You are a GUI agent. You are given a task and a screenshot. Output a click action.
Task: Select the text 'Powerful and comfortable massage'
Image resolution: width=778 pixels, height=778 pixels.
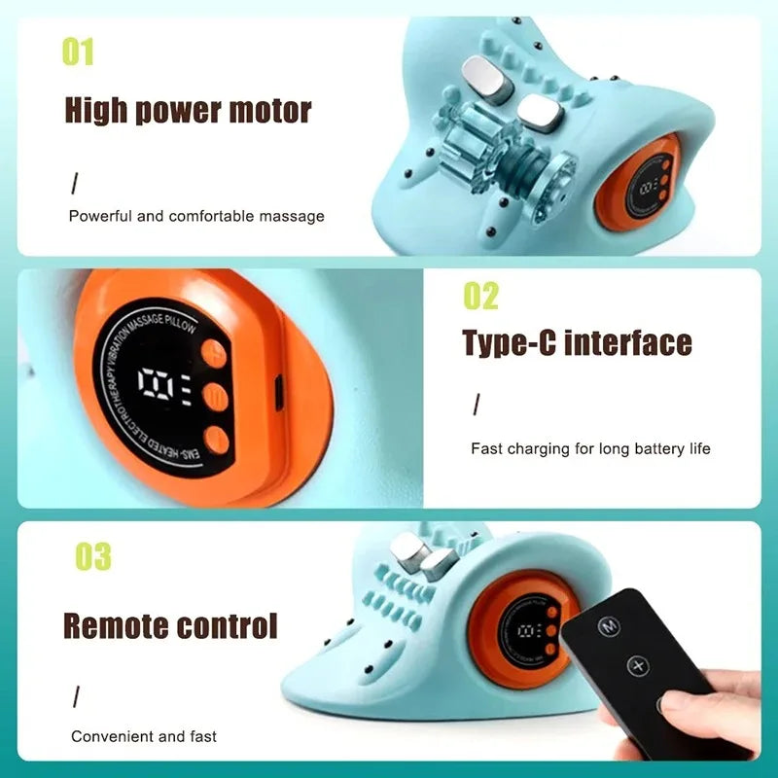[x=196, y=216]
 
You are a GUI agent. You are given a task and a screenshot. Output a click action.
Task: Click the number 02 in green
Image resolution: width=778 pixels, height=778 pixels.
[x=479, y=297]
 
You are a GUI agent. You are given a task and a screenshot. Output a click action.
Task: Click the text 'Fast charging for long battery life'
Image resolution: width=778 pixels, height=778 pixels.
[x=590, y=449]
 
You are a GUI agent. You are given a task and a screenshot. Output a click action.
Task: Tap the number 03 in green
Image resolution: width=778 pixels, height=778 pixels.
[x=93, y=557]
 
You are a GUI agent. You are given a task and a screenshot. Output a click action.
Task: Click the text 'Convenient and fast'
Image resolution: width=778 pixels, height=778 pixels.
[x=144, y=736]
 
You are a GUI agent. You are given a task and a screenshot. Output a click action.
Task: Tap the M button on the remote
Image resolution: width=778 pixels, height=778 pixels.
[x=610, y=627]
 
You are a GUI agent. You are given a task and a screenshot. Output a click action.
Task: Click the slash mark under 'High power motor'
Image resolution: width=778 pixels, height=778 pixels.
[x=75, y=183]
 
